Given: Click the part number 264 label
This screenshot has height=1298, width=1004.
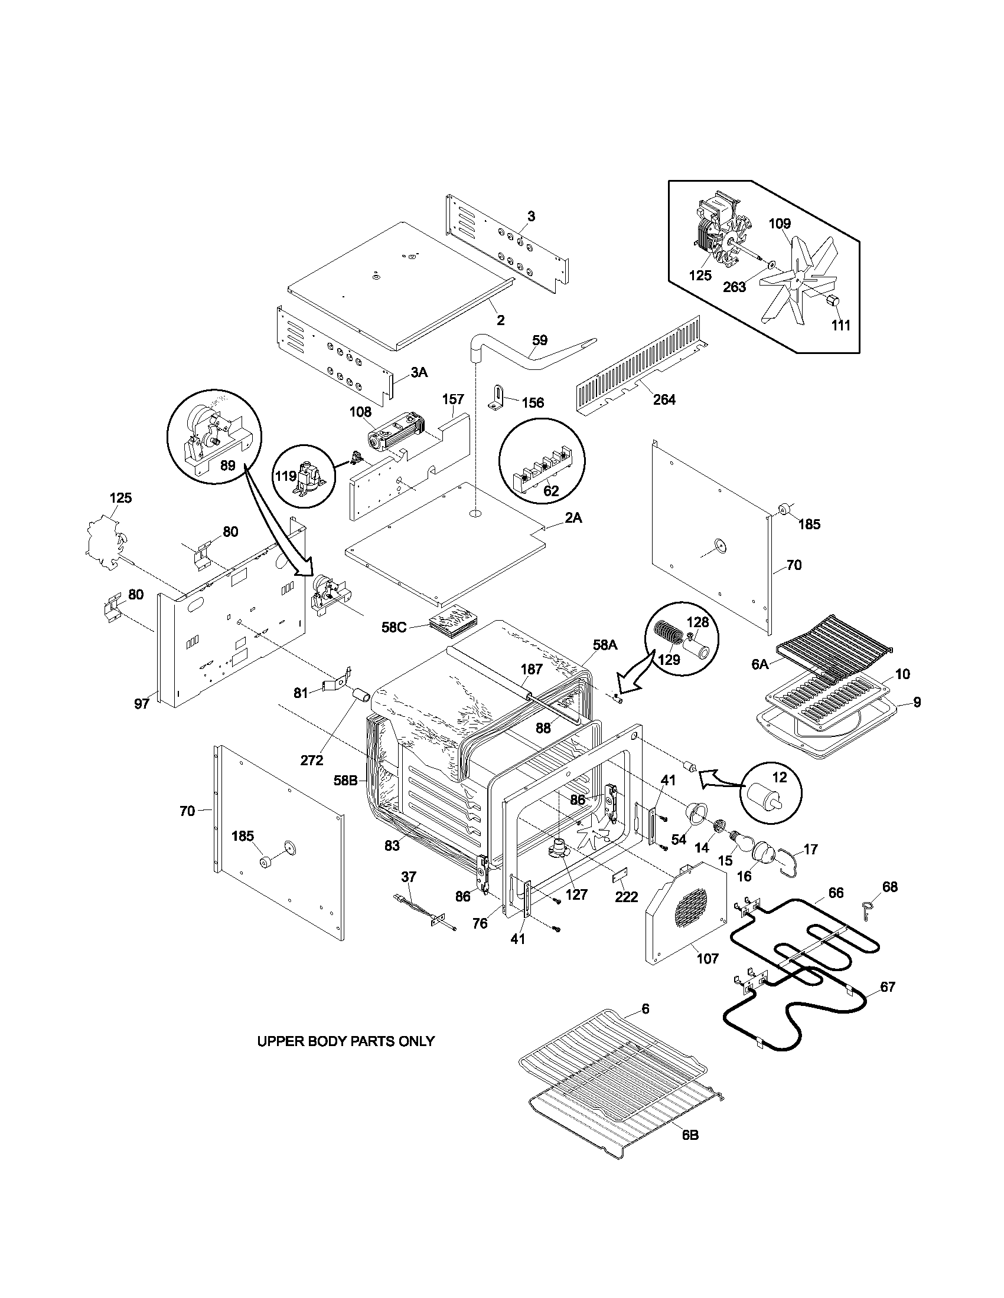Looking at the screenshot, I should click(x=664, y=399).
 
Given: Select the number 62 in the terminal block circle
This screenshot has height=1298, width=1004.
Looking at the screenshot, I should click(x=551, y=491).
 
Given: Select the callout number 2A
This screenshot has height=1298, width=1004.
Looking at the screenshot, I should click(x=573, y=517).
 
